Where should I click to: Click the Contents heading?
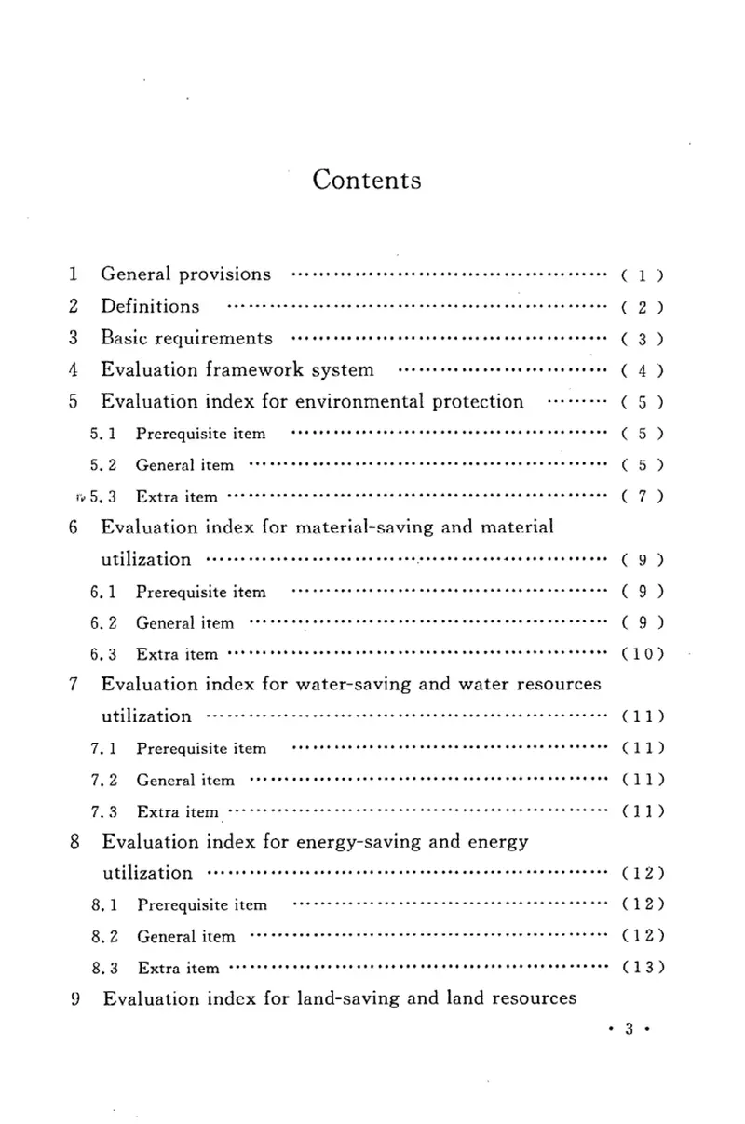pyautogui.click(x=367, y=180)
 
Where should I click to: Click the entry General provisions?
pyautogui.click(x=185, y=274)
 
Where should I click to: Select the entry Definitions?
pyautogui.click(x=149, y=306)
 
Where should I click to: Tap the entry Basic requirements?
pyautogui.click(x=186, y=338)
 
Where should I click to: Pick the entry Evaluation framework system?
pyautogui.click(x=237, y=369)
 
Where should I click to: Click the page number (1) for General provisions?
pyautogui.click(x=642, y=275)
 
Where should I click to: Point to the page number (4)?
pyautogui.click(x=642, y=370)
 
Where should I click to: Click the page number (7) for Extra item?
pyautogui.click(x=642, y=497)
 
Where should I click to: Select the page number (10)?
pyautogui.click(x=642, y=653)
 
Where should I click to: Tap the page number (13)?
pyautogui.click(x=642, y=968)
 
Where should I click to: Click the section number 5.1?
pyautogui.click(x=103, y=434)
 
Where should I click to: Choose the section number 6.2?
pyautogui.click(x=103, y=622)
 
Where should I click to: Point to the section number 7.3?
pyautogui.click(x=103, y=811)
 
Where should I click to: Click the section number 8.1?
pyautogui.click(x=103, y=904)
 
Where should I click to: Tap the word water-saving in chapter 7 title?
pyautogui.click(x=345, y=685)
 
